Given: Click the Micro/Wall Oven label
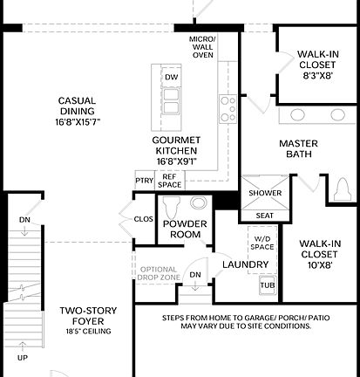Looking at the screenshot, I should coord(202,47).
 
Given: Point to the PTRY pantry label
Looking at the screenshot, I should coord(144,181).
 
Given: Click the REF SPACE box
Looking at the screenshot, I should coord(169,181).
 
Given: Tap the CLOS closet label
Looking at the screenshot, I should coord(143,219).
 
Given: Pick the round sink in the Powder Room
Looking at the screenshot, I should coord(199,203).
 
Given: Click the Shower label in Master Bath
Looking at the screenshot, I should coord(263,194).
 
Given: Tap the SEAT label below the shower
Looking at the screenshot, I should coord(263,216).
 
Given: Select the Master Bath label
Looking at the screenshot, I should coord(298,149).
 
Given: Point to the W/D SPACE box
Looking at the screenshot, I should coord(262,238).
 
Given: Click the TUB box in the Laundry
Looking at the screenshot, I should coord(266,284).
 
